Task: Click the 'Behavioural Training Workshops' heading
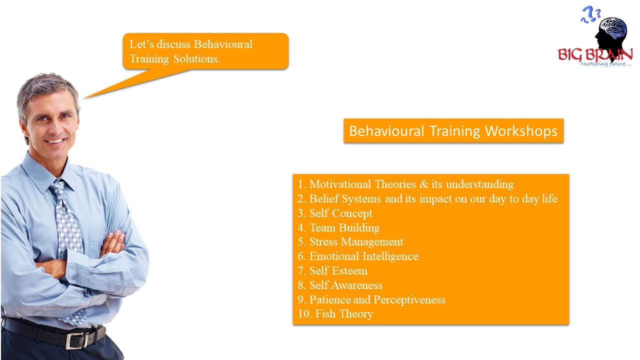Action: click(453, 131)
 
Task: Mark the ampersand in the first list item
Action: click(424, 184)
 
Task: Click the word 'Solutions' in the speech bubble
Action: click(196, 59)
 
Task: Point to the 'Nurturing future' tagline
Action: click(605, 63)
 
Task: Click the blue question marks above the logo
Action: click(590, 14)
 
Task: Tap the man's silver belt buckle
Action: click(77, 340)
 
